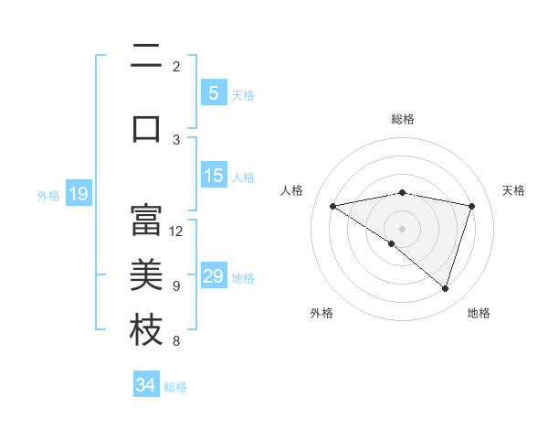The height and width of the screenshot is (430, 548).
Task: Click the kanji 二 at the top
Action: click(146, 58)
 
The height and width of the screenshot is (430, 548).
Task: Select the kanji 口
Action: click(146, 128)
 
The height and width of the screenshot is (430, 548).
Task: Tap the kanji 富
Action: click(146, 220)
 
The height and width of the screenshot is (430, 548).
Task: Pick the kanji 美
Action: click(146, 274)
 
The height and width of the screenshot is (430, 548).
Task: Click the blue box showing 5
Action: click(213, 93)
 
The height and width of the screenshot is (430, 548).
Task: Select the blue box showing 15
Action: click(213, 176)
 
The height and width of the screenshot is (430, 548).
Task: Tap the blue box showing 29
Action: click(213, 276)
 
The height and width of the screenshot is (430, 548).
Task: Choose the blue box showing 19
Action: click(78, 194)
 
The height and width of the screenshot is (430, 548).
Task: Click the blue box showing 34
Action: click(145, 385)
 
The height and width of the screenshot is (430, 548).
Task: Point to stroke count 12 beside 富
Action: click(176, 231)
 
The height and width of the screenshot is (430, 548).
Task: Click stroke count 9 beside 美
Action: click(176, 285)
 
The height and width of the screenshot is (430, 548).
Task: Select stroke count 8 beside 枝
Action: click(176, 341)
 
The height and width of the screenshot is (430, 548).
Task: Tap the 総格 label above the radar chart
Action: click(402, 119)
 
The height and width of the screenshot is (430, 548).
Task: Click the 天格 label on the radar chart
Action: click(514, 190)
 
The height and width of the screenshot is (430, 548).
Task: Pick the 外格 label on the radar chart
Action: click(321, 313)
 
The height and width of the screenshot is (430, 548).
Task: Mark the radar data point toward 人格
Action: click(332, 206)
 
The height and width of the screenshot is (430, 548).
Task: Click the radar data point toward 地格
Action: click(445, 288)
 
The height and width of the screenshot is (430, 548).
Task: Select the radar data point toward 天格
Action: click(471, 206)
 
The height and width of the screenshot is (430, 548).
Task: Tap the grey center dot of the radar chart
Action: click(402, 228)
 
